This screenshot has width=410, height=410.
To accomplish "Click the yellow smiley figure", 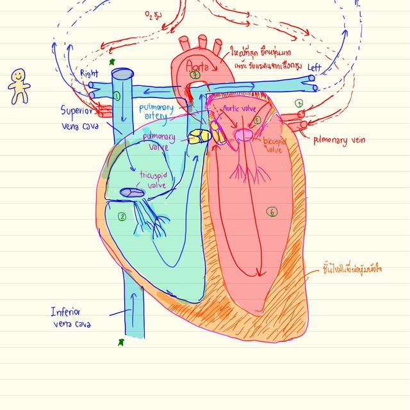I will click(x=18, y=86).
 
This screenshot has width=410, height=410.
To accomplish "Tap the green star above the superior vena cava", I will click(x=113, y=62).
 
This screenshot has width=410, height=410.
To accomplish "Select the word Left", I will click(x=315, y=67).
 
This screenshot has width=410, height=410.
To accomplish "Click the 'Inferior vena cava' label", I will click(x=71, y=318).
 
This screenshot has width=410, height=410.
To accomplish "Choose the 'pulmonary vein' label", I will click(x=340, y=139).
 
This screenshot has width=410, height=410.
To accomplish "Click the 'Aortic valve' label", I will click(x=238, y=110).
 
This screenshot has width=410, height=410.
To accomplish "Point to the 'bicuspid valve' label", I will click(x=274, y=143).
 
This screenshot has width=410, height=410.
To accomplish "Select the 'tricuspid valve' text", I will click(x=154, y=179).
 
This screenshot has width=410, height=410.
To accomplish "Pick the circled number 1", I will click(x=117, y=96).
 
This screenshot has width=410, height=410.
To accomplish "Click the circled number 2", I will click(x=122, y=217).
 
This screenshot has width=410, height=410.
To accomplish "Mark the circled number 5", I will click(x=257, y=120).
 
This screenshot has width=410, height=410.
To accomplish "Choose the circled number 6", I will click(x=272, y=212).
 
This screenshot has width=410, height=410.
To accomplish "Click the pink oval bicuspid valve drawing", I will click(x=245, y=135).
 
